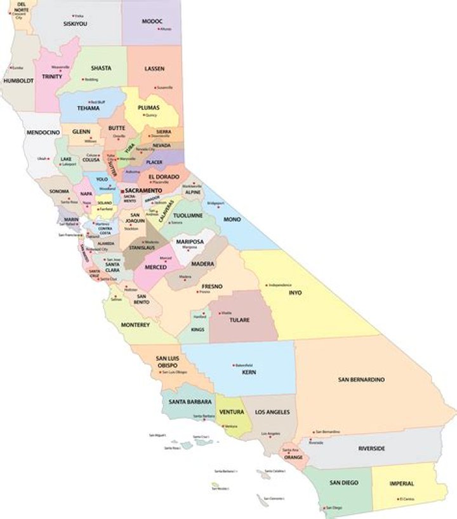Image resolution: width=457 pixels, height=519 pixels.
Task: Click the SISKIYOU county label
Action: [x=75, y=24]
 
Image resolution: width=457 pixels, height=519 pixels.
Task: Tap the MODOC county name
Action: [x=152, y=21]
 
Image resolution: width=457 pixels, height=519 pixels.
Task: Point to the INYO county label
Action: [x=295, y=293]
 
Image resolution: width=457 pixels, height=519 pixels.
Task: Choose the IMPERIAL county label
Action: [x=402, y=483]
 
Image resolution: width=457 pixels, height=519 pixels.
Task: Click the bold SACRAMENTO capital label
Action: [x=143, y=190]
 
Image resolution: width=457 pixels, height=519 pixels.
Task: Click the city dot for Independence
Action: [x=267, y=285]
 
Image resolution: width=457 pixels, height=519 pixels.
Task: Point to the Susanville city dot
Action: [x=156, y=87]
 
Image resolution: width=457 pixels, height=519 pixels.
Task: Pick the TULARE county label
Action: [x=239, y=320]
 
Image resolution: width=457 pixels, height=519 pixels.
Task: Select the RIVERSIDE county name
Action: [x=371, y=448]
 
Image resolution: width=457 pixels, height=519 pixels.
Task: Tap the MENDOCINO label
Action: [x=43, y=132]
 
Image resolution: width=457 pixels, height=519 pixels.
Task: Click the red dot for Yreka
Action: [x=73, y=15]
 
